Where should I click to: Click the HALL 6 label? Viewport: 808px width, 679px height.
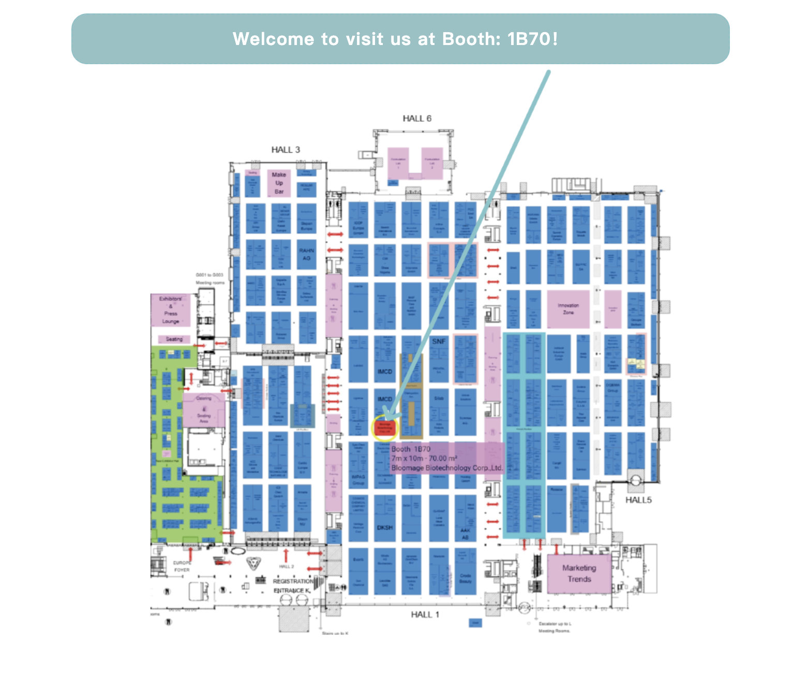pyautogui.click(x=417, y=119)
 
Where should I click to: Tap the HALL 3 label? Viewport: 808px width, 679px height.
pyautogui.click(x=286, y=150)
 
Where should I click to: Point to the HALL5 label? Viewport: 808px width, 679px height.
pyautogui.click(x=638, y=500)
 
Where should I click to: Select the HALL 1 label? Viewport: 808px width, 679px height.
pyautogui.click(x=425, y=614)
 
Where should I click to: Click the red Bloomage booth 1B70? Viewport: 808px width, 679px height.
pyautogui.click(x=385, y=427)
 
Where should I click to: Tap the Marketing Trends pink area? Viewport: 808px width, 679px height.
pyautogui.click(x=579, y=573)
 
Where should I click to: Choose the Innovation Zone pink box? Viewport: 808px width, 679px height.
pyautogui.click(x=568, y=309)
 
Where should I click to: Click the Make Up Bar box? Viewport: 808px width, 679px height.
pyautogui.click(x=279, y=183)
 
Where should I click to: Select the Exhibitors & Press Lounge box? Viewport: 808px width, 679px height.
pyautogui.click(x=171, y=310)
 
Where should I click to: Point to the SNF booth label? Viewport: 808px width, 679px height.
pyautogui.click(x=439, y=342)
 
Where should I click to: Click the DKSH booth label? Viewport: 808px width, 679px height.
pyautogui.click(x=385, y=528)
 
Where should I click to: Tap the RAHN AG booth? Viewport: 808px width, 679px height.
pyautogui.click(x=306, y=254)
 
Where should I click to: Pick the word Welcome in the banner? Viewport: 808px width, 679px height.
pyautogui.click(x=273, y=39)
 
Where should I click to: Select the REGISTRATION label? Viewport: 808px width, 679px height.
pyautogui.click(x=293, y=581)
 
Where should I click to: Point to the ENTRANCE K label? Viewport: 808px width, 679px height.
pyautogui.click(x=292, y=591)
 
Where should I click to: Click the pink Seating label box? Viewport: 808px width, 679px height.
pyautogui.click(x=174, y=339)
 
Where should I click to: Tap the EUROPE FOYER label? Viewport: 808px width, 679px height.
pyautogui.click(x=182, y=566)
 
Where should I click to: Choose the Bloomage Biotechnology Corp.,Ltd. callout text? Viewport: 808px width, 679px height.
pyautogui.click(x=447, y=468)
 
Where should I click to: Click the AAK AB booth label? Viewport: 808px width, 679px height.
pyautogui.click(x=465, y=534)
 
